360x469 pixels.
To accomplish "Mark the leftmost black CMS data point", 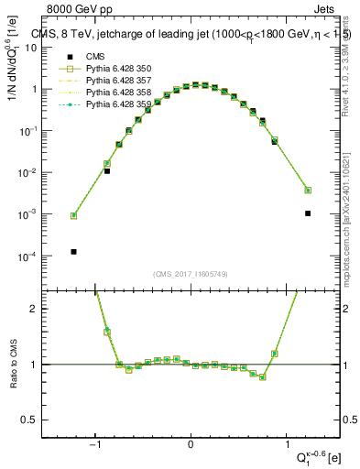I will pos(73,252).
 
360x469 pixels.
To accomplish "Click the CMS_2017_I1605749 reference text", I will pos(190,275).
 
